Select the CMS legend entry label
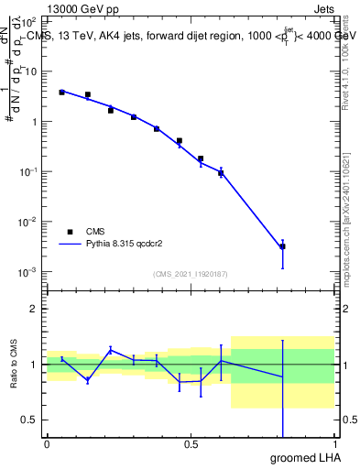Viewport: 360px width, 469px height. tap(96, 232)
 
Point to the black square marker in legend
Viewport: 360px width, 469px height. tap(69, 232)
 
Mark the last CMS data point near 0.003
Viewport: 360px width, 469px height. tap(282, 246)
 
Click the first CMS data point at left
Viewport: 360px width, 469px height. tap(61, 93)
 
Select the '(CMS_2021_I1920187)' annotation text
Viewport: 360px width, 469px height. tap(190, 274)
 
